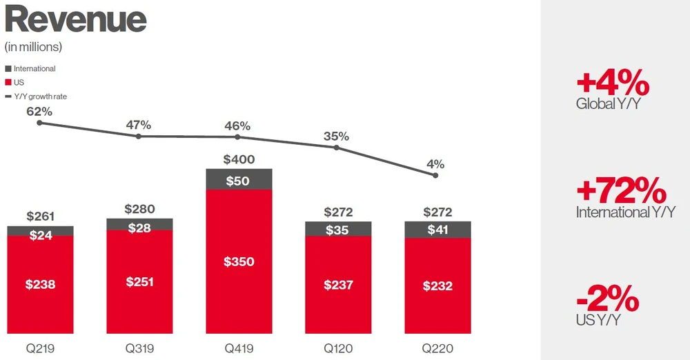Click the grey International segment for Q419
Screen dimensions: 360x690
pos(239,180)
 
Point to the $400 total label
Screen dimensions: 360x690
pos(239,159)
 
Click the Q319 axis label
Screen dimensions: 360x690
pos(140,349)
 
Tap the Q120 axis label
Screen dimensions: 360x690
pos(338,349)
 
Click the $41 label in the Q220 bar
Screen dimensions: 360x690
pos(437,230)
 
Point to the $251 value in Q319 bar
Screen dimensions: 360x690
pos(140,282)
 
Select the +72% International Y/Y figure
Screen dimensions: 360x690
pos(622,190)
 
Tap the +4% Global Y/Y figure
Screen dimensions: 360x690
pos(613,85)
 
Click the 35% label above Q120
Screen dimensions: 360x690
pos(337,136)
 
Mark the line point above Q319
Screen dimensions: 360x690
pos(139,137)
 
